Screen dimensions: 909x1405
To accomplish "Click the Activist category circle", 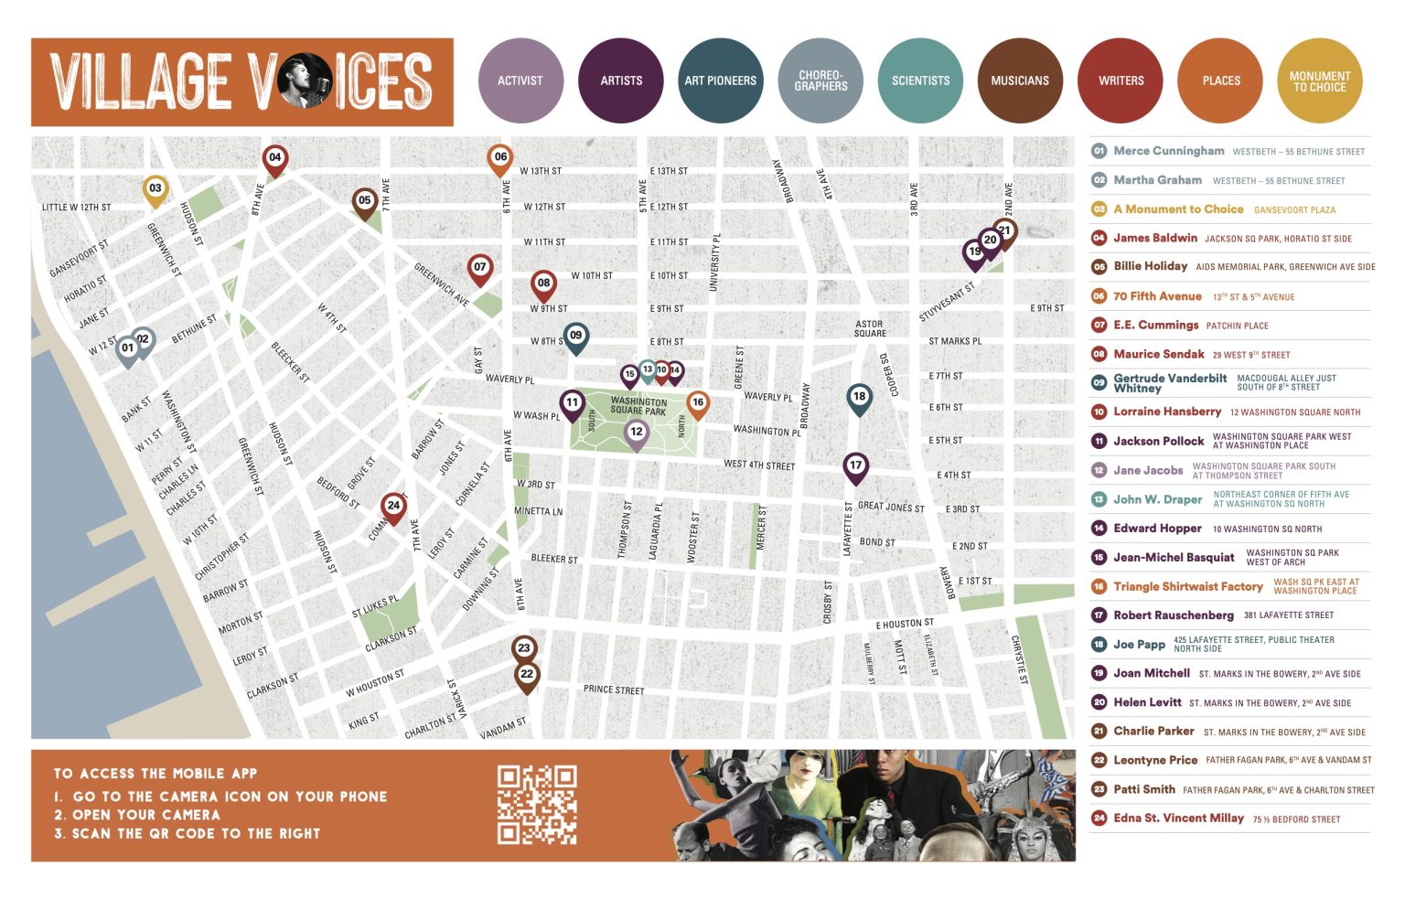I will point(520,80).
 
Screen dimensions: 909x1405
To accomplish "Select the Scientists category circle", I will point(920,80).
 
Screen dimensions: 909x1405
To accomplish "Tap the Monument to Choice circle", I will point(1319,81).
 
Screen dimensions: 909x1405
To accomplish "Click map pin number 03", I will point(156,189).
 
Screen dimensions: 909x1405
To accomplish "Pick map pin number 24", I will point(393,506).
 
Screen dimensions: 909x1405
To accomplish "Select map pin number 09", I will point(575,337).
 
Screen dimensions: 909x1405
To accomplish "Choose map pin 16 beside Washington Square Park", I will point(698,403).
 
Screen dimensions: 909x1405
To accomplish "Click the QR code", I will point(537,805).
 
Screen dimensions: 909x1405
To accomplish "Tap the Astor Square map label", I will point(869,328).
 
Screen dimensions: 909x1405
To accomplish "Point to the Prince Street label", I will point(614,690).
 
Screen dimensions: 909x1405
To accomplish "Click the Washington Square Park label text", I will point(638,406).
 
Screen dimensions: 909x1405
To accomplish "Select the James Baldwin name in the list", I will point(1154,238).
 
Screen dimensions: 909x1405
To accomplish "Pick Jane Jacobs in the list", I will point(1148,470).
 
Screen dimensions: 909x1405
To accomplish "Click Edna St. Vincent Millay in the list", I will point(1178,818).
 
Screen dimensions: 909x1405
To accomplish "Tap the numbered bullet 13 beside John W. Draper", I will point(1099,499).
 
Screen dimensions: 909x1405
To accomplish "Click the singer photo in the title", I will point(305,80).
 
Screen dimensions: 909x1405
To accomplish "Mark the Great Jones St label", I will point(891,507).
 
